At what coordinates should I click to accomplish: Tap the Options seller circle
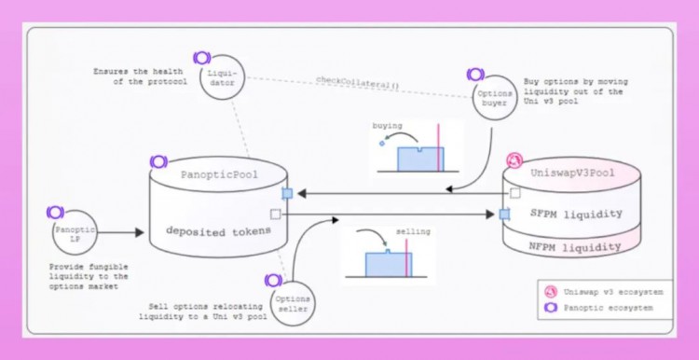[x=288, y=304]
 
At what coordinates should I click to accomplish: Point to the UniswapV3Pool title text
[x=572, y=174]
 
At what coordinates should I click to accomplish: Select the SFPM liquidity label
[x=576, y=214]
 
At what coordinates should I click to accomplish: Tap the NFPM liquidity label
[x=576, y=247]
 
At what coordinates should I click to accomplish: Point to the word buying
[x=388, y=124]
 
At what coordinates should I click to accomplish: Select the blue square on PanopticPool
[x=287, y=193]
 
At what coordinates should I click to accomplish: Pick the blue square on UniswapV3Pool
[x=504, y=214]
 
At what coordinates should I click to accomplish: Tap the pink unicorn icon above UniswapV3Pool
[x=512, y=160]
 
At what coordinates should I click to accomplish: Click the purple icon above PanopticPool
[x=158, y=162]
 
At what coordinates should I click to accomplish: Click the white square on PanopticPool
[x=275, y=215]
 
